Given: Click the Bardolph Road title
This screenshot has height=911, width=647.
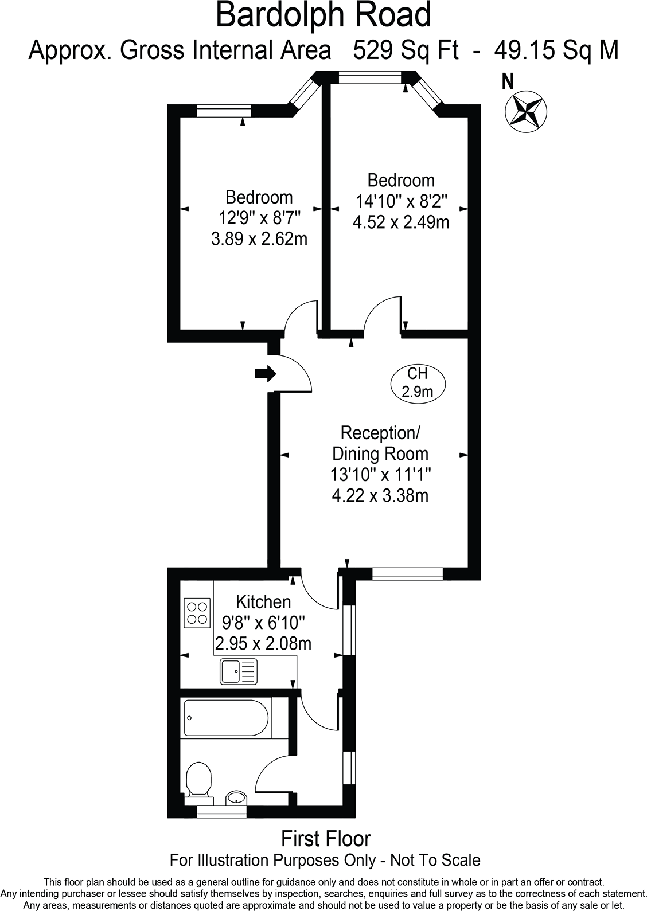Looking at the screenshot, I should (x=323, y=15).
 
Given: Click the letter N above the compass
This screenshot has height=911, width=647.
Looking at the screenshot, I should (x=508, y=82).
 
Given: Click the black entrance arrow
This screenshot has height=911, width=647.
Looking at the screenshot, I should (x=265, y=374).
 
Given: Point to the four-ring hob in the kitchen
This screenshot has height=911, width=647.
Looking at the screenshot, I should (x=197, y=612).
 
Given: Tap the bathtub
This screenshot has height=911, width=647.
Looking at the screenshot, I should (x=226, y=717).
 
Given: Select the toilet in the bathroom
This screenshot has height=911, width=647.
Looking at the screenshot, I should (x=198, y=779).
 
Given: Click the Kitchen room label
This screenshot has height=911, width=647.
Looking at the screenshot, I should (x=263, y=601).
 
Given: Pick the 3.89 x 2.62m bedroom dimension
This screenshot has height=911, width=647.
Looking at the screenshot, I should (x=259, y=238).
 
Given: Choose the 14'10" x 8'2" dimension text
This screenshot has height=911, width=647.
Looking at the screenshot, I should (x=401, y=201).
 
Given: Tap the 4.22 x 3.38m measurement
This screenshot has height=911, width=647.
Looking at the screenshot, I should (x=380, y=495).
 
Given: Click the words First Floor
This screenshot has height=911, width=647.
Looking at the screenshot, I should (x=326, y=839).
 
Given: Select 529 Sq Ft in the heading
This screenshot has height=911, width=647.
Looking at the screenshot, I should (x=406, y=50).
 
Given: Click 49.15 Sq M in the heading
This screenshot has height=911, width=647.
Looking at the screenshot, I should (x=556, y=50).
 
